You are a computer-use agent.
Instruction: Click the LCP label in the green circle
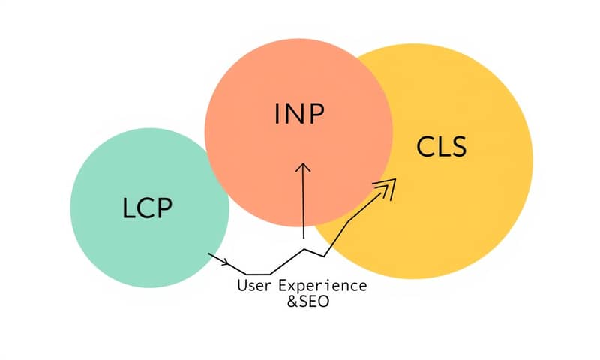147,208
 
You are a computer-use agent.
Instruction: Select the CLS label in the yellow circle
441,147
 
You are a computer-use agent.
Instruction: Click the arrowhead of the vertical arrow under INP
302,169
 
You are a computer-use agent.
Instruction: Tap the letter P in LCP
164,208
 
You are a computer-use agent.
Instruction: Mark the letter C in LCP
145,208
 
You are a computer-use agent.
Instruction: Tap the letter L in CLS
442,147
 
